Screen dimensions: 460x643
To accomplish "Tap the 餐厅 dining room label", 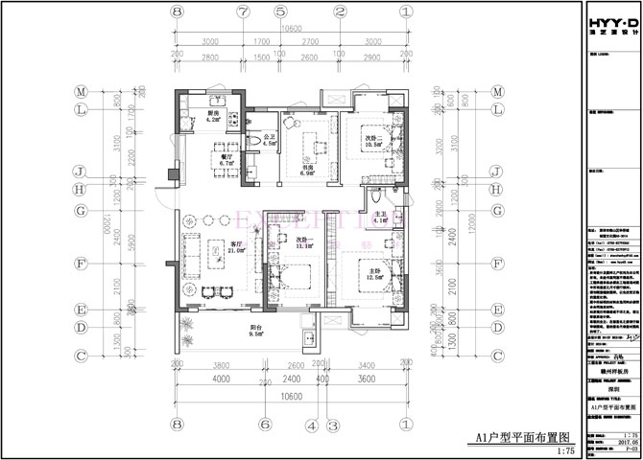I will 226,161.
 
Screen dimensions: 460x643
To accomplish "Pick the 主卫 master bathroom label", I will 379,217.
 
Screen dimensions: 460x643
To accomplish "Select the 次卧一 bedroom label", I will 306,241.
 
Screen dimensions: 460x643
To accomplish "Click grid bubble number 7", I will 243,12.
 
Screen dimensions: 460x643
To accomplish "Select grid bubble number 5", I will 280,12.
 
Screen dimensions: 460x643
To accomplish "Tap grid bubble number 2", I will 341,12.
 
